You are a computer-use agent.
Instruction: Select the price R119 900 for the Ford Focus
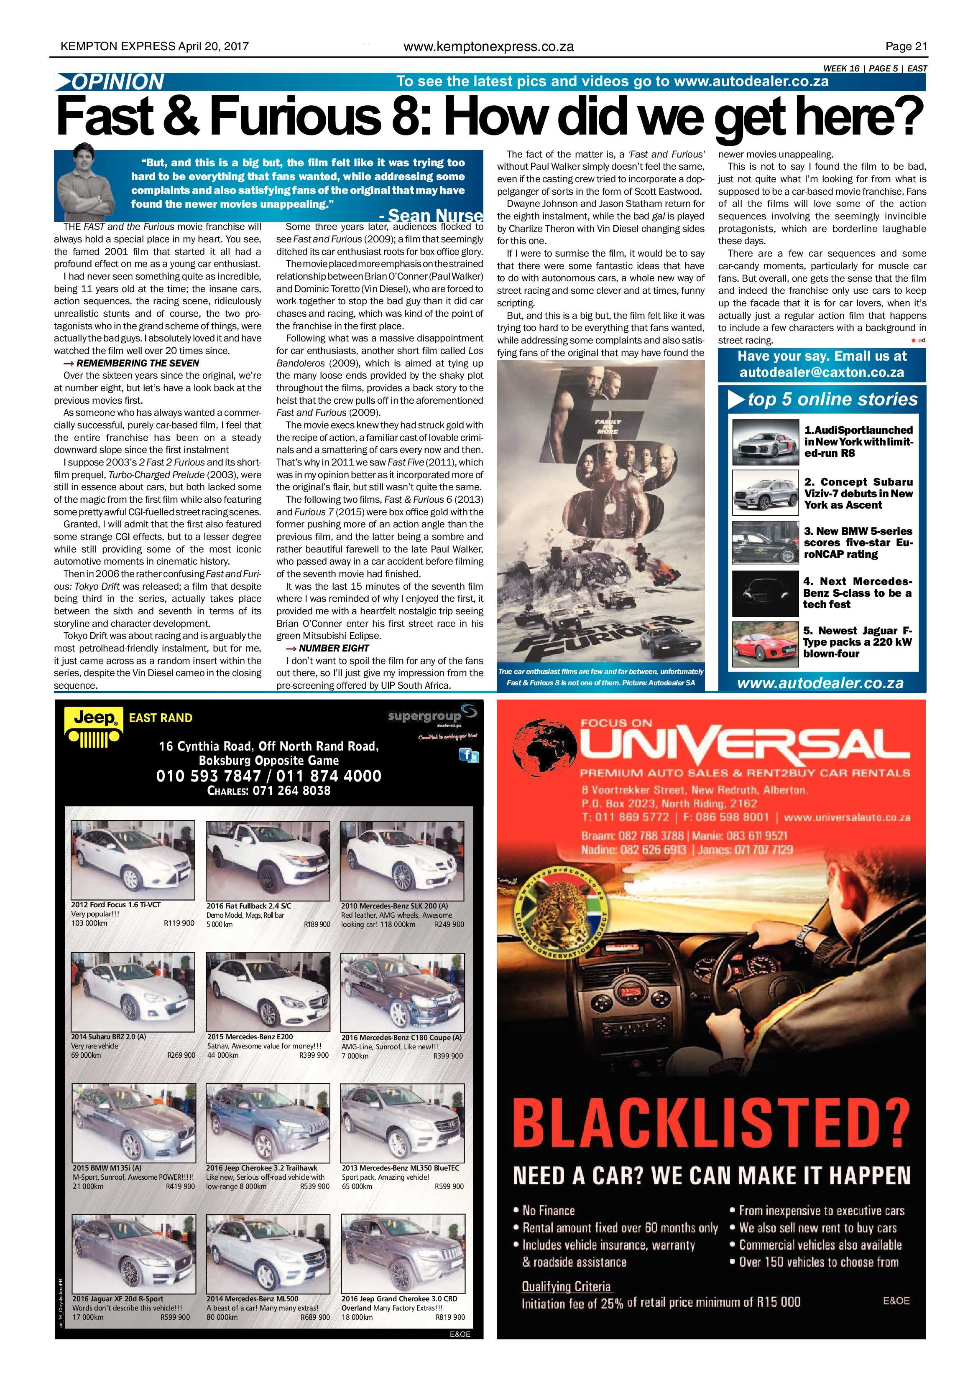(179, 923)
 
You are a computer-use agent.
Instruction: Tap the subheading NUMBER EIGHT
(334, 648)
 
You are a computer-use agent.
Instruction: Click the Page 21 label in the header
(906, 46)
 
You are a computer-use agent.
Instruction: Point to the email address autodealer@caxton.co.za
(822, 373)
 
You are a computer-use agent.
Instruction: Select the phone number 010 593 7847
(208, 776)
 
